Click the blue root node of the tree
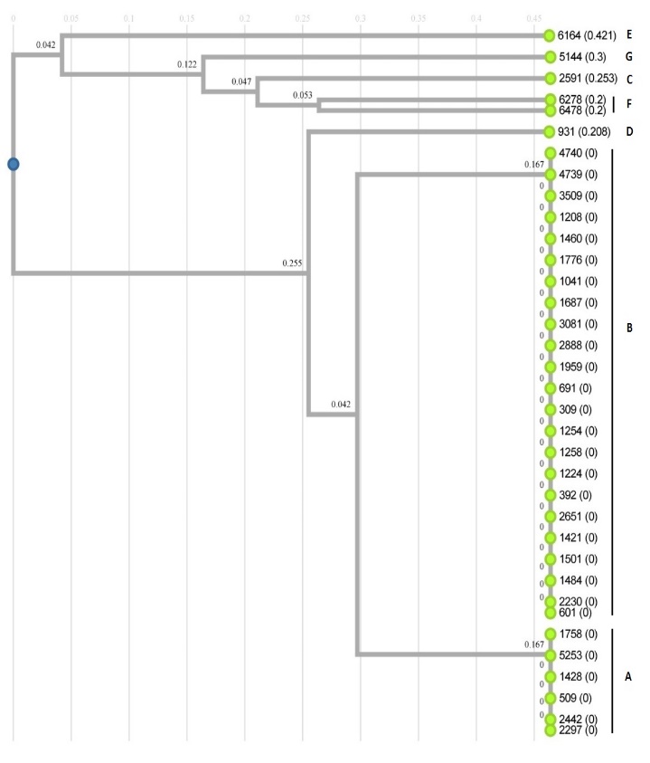[13, 164]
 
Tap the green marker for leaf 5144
[549, 57]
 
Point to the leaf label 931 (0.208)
[582, 132]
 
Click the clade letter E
[627, 35]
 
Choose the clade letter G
[627, 57]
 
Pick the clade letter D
[627, 132]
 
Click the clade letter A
[627, 676]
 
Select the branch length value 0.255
[293, 263]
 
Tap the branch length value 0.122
[187, 65]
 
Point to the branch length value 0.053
[304, 94]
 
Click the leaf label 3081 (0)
[578, 324]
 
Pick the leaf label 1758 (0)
[578, 634]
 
